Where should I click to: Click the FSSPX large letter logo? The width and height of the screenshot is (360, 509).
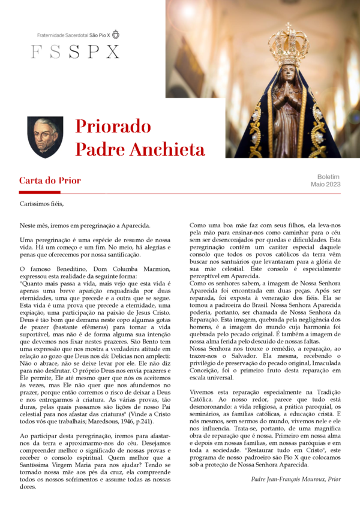click(75, 52)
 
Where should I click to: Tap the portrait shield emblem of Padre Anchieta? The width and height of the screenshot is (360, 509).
click(46, 137)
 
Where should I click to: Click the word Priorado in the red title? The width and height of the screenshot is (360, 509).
click(113, 127)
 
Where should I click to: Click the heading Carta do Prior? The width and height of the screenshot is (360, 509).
click(50, 180)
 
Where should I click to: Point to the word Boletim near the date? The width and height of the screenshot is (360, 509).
click(328, 177)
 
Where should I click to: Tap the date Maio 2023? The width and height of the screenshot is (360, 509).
click(325, 185)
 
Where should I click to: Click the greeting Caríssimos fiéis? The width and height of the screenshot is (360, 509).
click(41, 204)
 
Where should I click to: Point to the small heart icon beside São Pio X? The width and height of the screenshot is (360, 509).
click(116, 34)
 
